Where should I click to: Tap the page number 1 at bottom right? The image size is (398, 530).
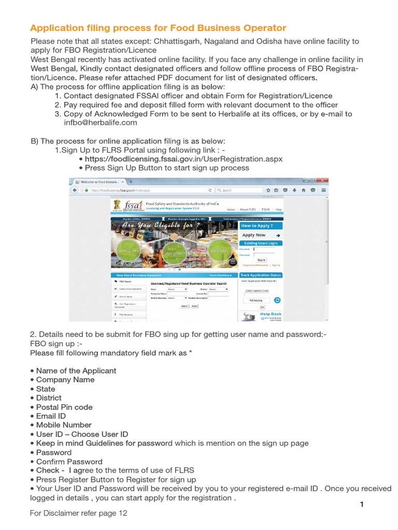pos(362,505)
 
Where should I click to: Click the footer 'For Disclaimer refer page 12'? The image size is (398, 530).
pos(78,513)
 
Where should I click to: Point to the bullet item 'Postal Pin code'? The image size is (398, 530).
pos(64,407)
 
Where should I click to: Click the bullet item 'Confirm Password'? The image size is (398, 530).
pos(69,461)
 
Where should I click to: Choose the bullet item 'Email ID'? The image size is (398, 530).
pos(51,416)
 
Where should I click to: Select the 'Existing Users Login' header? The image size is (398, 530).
pos(261,243)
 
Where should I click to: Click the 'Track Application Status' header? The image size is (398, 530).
pos(261,275)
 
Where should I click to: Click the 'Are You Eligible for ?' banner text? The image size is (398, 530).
pos(161,226)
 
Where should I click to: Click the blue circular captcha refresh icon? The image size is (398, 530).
pos(277,300)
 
